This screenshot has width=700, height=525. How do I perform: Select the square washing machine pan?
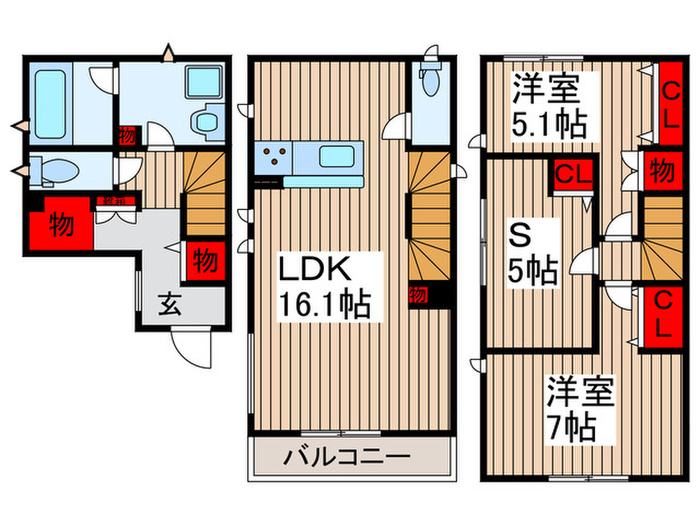[204, 81]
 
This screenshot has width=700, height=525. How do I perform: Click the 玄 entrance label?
[170, 305]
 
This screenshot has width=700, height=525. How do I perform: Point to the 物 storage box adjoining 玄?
[203, 261]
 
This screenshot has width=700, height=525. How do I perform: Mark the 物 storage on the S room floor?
[658, 170]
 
